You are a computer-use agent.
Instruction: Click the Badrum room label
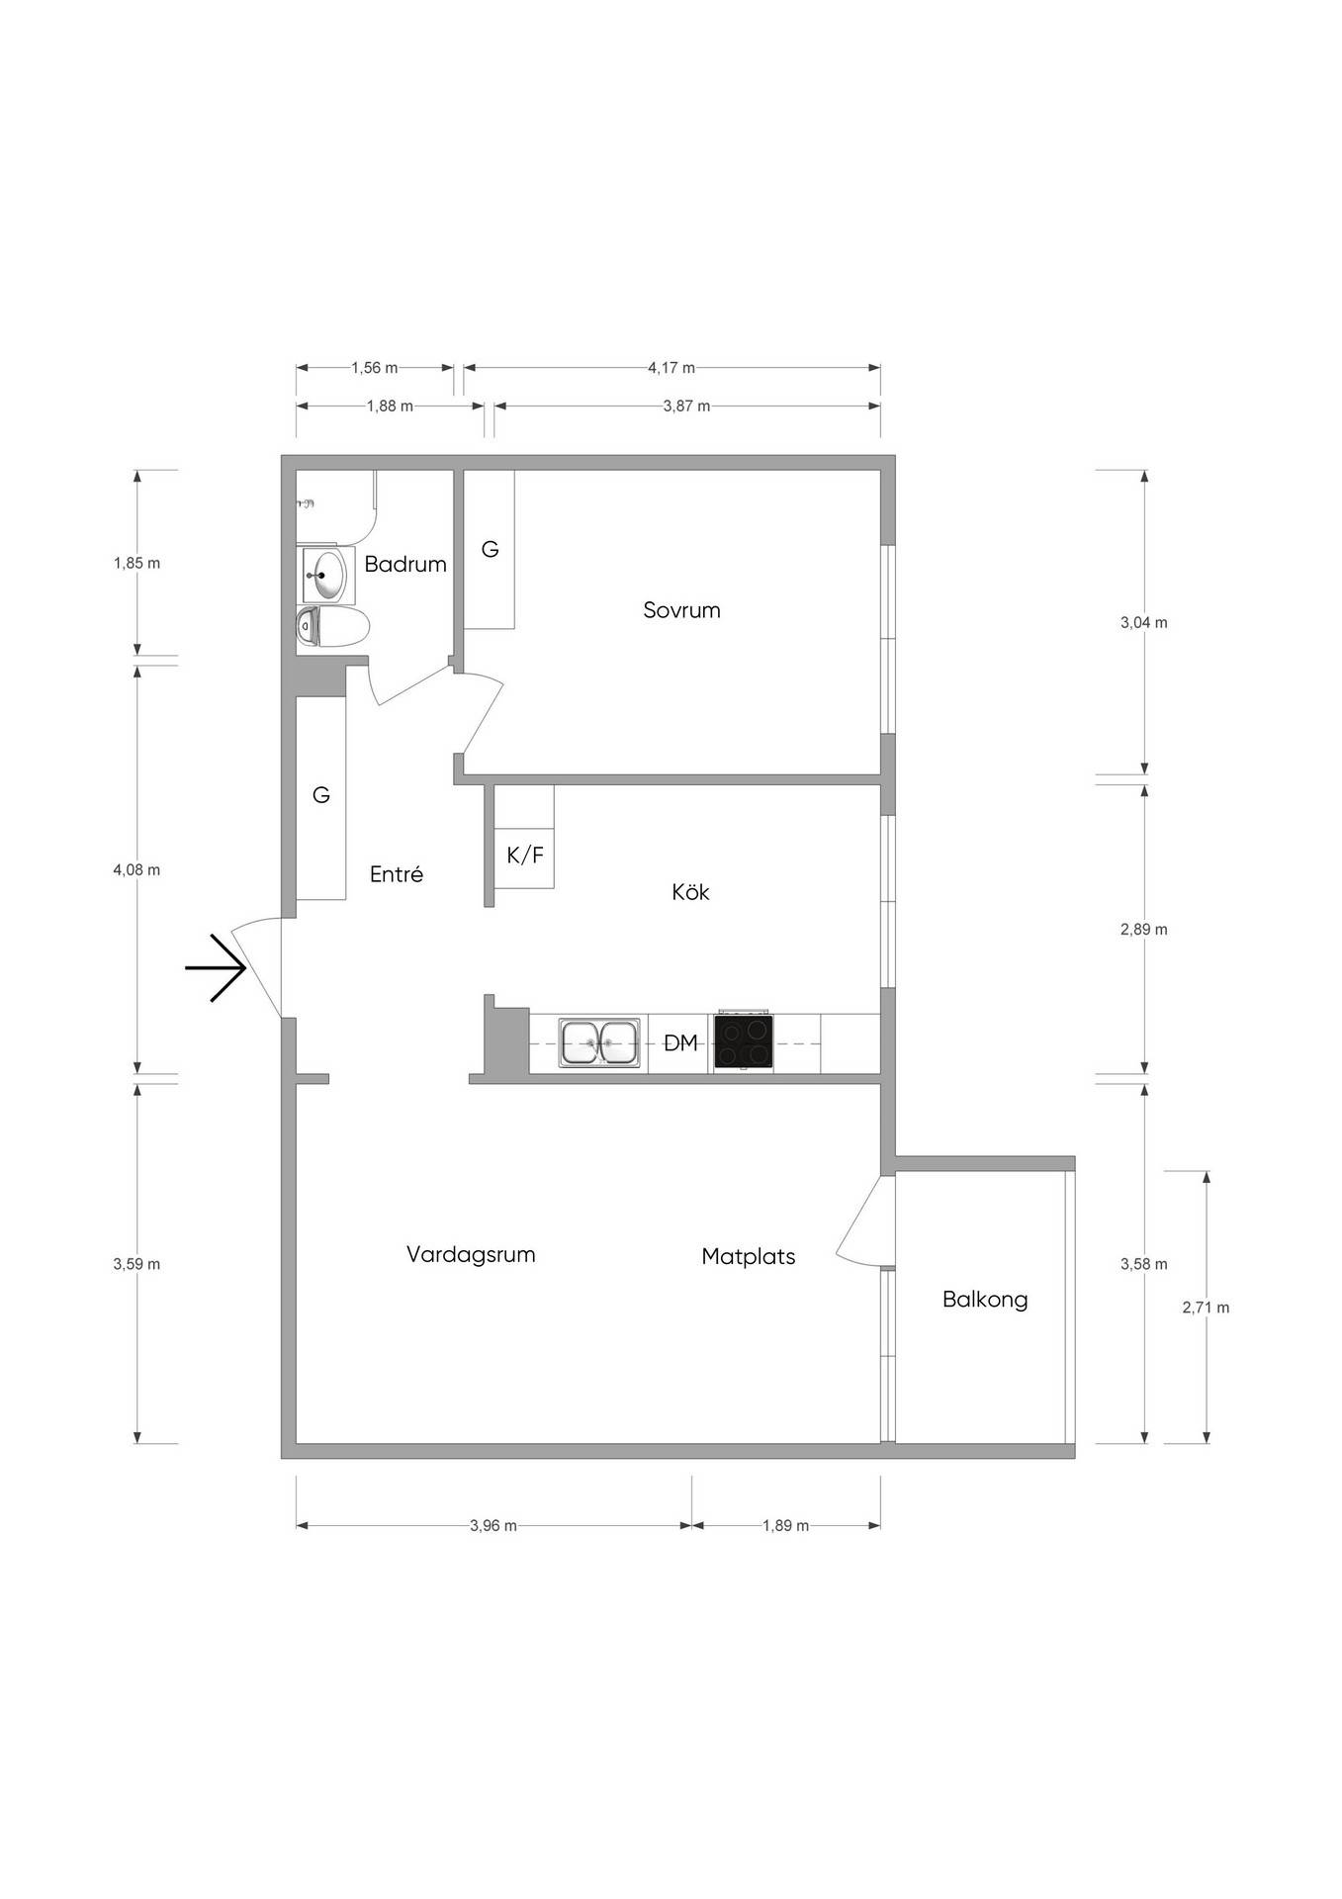pyautogui.click(x=405, y=564)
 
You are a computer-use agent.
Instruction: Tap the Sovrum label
pyautogui.click(x=681, y=610)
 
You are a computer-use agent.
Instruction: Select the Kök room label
pyautogui.click(x=690, y=892)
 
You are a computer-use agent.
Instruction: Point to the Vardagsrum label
pyautogui.click(x=471, y=1255)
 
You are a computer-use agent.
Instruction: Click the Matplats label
pyautogui.click(x=749, y=1257)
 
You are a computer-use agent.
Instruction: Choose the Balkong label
pyautogui.click(x=985, y=1300)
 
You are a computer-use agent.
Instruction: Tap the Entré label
pyautogui.click(x=397, y=874)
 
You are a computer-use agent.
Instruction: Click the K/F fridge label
pyautogui.click(x=525, y=856)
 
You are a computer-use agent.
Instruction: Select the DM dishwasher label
pyautogui.click(x=680, y=1042)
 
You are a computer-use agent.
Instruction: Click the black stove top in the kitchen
pyautogui.click(x=743, y=1042)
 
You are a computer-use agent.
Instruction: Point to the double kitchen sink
pyautogui.click(x=599, y=1042)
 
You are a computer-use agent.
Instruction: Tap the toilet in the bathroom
pyautogui.click(x=332, y=627)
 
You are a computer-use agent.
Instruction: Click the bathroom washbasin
pyautogui.click(x=325, y=575)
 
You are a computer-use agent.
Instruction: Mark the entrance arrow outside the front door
pyautogui.click(x=216, y=967)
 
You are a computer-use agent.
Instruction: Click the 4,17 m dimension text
pyautogui.click(x=671, y=368)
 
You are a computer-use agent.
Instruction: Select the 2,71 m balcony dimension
pyautogui.click(x=1207, y=1308)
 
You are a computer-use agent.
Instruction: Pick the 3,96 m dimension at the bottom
pyautogui.click(x=493, y=1525)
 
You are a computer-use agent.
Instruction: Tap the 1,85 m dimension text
pyautogui.click(x=136, y=563)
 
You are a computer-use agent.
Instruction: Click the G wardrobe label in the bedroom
pyautogui.click(x=491, y=549)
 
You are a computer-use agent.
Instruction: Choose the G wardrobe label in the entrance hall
pyautogui.click(x=321, y=795)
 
